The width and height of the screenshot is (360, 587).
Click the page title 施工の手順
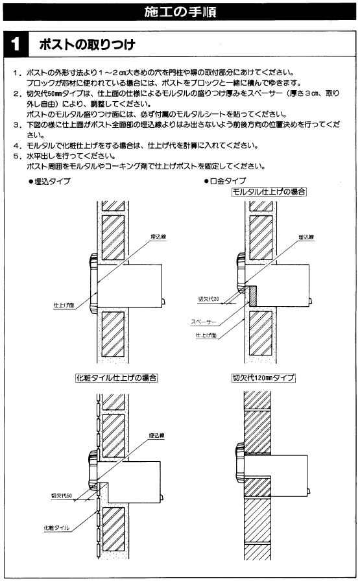[x=180, y=12]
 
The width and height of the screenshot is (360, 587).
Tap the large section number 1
[x=16, y=44]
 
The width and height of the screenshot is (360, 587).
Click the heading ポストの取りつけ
[x=87, y=45]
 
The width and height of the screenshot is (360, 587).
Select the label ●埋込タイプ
[x=49, y=181]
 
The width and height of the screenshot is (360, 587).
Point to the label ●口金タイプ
[x=225, y=181]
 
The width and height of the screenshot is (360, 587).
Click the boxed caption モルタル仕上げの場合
[x=269, y=192]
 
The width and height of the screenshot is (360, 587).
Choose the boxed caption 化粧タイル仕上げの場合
[x=116, y=377]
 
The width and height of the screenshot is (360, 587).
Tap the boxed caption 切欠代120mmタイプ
[x=263, y=377]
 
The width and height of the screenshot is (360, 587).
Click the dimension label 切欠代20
[x=208, y=299]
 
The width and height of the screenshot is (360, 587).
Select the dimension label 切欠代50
[x=62, y=496]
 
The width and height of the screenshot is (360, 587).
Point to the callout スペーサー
[x=204, y=322]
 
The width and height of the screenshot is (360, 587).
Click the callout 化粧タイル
[x=56, y=528]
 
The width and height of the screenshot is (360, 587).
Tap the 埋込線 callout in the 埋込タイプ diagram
[x=159, y=237]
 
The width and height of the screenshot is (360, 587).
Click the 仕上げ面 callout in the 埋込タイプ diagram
[x=64, y=305]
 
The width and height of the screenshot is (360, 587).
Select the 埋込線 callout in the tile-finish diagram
[x=157, y=436]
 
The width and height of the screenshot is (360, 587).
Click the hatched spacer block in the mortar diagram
[x=252, y=296]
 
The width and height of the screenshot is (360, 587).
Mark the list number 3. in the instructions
[x=18, y=125]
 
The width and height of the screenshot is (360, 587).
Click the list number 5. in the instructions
[x=18, y=156]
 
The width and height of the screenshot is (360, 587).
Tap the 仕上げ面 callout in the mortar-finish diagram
[x=206, y=335]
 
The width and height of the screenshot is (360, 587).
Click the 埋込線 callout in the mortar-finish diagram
[x=306, y=237]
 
